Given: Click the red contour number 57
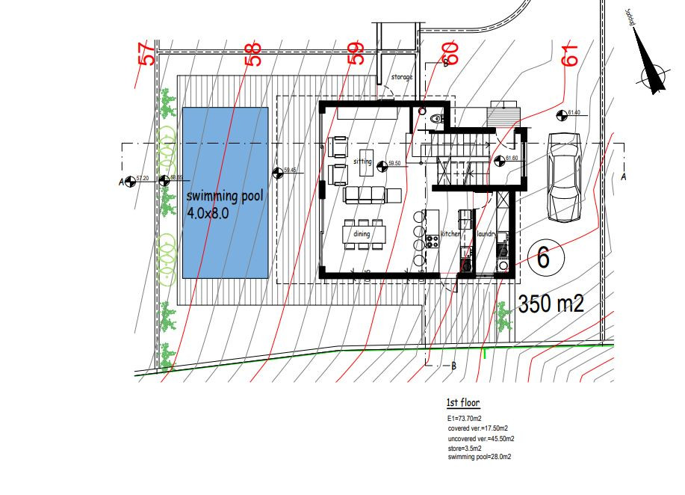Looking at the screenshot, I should coord(146,54).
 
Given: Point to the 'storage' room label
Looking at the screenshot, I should coord(402,77).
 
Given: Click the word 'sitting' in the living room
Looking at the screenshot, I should coord(363,161).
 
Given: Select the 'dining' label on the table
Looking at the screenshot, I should coord(362,234).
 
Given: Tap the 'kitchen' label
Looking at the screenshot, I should coord(451,234).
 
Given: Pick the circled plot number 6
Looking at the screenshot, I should coord(543,258).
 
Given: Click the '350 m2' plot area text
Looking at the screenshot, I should coord(551,304).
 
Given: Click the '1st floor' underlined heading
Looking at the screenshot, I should coord(463,403).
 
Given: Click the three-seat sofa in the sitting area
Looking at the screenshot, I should coord(364,196).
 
